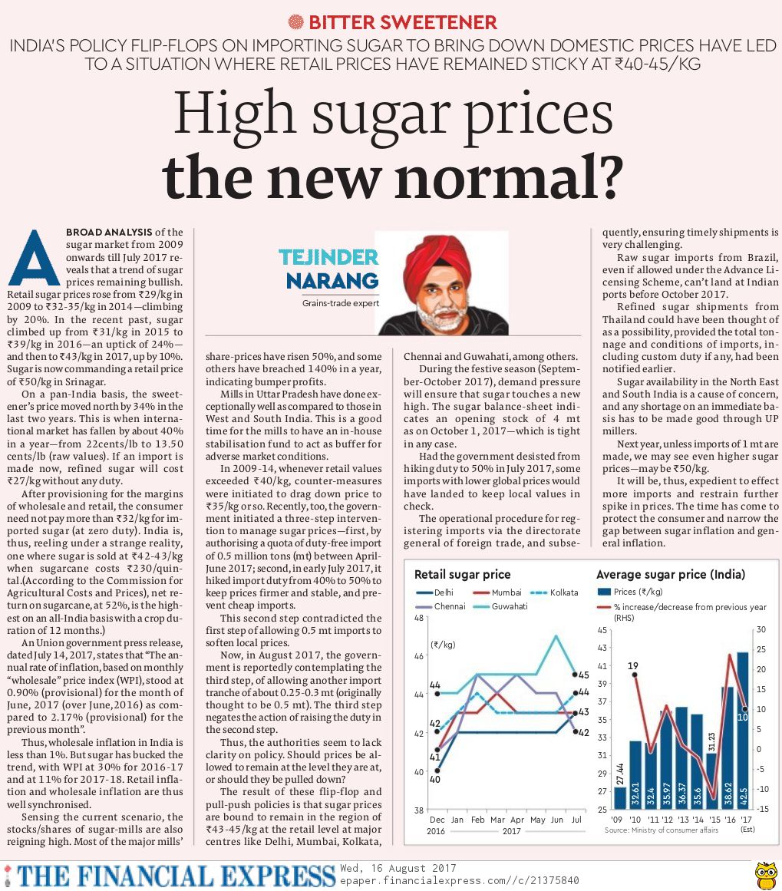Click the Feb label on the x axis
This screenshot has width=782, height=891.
[478, 820]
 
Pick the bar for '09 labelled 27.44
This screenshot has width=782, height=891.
[620, 798]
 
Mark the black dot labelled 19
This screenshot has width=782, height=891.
[634, 675]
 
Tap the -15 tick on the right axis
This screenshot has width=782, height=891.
[761, 810]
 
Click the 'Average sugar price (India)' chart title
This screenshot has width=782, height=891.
[670, 574]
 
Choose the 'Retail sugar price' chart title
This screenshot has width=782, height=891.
[462, 574]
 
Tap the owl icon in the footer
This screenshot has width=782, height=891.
[765, 874]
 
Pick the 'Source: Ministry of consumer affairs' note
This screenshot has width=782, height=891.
[662, 830]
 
